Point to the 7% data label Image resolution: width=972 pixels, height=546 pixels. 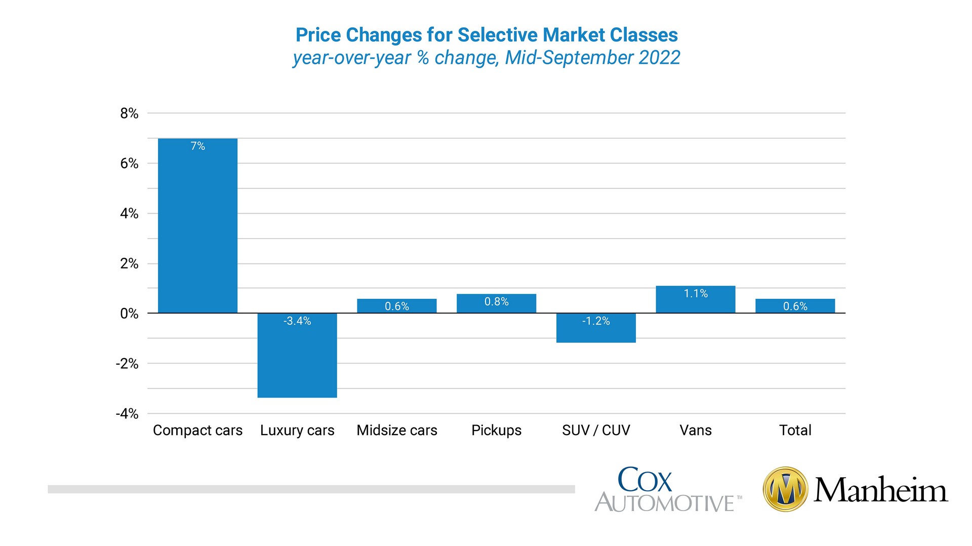click(197, 146)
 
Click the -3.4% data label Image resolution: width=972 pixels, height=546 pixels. click(297, 321)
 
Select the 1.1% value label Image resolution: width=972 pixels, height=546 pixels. click(696, 294)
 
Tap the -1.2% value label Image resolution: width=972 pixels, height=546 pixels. click(596, 321)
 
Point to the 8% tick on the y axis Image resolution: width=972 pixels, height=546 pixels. click(129, 113)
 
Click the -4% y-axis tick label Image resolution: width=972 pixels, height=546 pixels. click(127, 414)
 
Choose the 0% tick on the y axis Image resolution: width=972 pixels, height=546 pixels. click(129, 314)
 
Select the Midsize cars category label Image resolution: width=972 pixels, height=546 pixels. click(397, 431)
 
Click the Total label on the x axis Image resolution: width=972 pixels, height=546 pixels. click(795, 431)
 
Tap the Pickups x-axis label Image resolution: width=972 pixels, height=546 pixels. click(496, 431)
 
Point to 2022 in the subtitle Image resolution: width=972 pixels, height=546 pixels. click(659, 58)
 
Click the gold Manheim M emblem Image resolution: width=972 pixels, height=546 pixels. click(785, 489)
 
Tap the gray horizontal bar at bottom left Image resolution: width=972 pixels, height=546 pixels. click(311, 489)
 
